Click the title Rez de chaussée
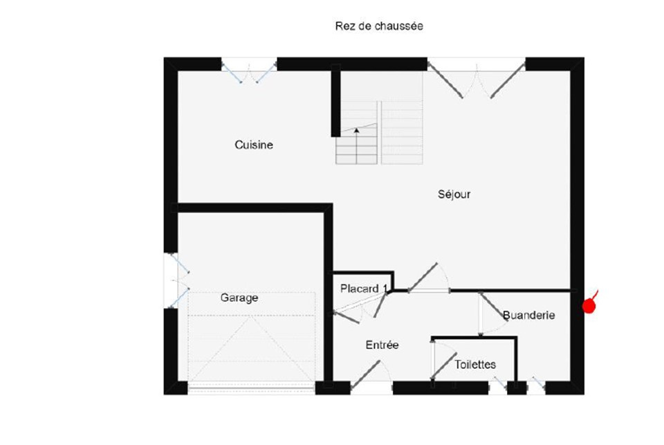click(379, 26)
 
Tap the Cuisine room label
click(254, 145)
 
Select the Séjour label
click(454, 194)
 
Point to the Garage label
click(239, 298)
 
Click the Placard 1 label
click(364, 289)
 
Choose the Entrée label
click(382, 345)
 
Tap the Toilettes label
click(475, 365)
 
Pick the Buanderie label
click(528, 316)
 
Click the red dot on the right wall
click(589, 306)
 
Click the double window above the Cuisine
click(250, 71)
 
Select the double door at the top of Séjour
click(477, 79)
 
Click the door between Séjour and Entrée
click(429, 278)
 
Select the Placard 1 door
click(359, 308)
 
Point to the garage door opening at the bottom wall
click(252, 388)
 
